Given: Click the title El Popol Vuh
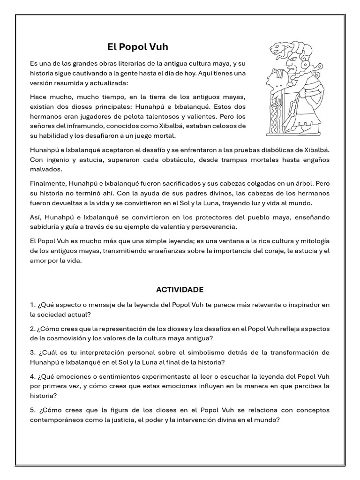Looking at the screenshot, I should pos(138,47).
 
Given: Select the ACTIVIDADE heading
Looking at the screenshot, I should pos(180,290).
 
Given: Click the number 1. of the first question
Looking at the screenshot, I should pos(32,305).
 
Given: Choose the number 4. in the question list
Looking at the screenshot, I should pos(32,376).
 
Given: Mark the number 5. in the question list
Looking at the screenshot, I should pos(32,410).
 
